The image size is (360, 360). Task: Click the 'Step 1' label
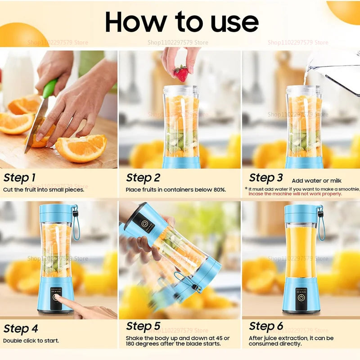(x=19, y=177)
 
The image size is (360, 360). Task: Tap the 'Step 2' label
(x=143, y=178)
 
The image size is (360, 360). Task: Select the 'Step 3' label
(x=266, y=178)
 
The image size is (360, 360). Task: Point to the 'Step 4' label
(x=21, y=328)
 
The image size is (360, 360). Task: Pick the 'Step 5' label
(x=143, y=326)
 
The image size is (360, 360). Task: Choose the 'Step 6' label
(x=266, y=326)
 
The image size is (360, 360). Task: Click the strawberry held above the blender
(x=181, y=73)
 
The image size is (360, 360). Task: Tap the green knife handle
(x=49, y=88)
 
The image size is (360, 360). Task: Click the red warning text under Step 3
(x=295, y=194)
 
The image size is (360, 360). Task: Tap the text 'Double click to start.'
(x=31, y=341)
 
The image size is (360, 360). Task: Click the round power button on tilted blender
(x=145, y=224)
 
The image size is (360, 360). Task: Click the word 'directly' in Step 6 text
(x=288, y=344)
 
